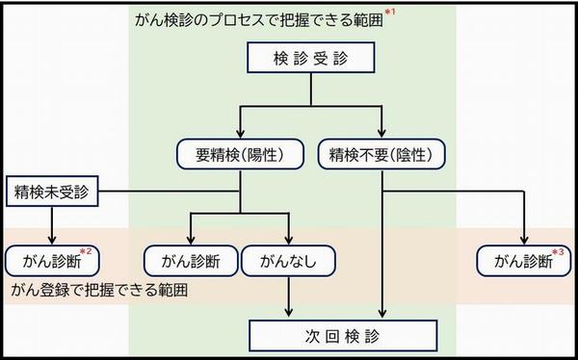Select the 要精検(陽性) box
pyautogui.click(x=241, y=154)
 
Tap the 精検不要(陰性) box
pyautogui.click(x=382, y=154)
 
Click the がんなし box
pyautogui.click(x=288, y=260)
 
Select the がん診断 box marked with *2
pyautogui.click(x=52, y=260)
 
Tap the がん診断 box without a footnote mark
pyautogui.click(x=189, y=260)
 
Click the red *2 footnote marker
pyautogui.click(x=86, y=252)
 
